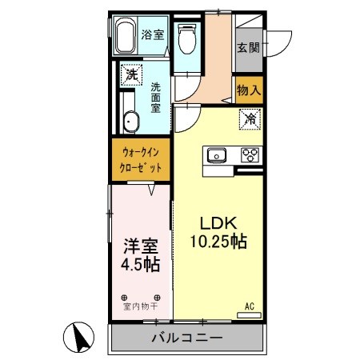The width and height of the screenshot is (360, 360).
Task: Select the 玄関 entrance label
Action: click(247, 47)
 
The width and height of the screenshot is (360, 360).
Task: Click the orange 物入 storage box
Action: click(248, 89)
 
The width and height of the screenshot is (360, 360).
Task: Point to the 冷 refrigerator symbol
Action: click(250, 120)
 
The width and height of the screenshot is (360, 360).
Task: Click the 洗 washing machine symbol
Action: click(130, 77)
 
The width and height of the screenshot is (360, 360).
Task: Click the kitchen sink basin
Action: click(218, 155)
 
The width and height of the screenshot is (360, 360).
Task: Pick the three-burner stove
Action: click(250, 155)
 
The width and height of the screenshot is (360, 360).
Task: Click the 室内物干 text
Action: click(139, 305)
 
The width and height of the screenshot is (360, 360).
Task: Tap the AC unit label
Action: click(250, 306)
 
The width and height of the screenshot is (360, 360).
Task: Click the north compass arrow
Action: click(80, 338)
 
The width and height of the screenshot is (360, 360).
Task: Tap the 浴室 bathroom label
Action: click(153, 34)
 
